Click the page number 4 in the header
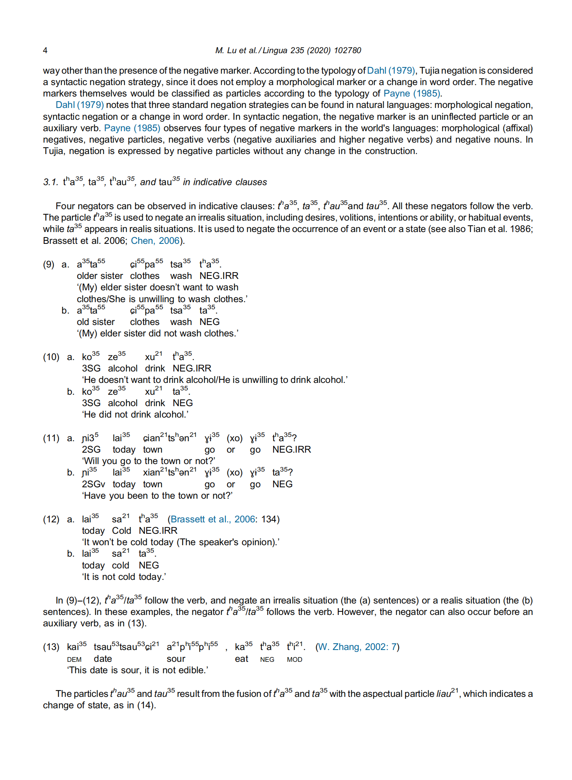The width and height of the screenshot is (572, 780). (x=45, y=50)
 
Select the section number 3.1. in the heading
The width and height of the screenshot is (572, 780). (x=50, y=182)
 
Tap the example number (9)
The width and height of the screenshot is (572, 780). (x=48, y=264)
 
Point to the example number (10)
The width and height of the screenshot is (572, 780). (x=51, y=357)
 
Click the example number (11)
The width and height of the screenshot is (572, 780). (x=51, y=438)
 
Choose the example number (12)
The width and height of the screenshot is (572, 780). (x=51, y=520)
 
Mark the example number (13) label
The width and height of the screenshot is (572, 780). (x=51, y=647)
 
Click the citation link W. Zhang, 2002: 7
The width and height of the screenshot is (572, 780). (x=357, y=647)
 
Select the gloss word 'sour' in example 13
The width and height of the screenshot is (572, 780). (x=176, y=659)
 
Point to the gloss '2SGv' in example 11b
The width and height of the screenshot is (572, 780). (x=93, y=485)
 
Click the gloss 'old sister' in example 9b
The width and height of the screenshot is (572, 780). (x=96, y=322)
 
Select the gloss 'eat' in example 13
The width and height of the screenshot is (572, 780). (x=241, y=659)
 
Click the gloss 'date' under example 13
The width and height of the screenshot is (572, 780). (x=103, y=659)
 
